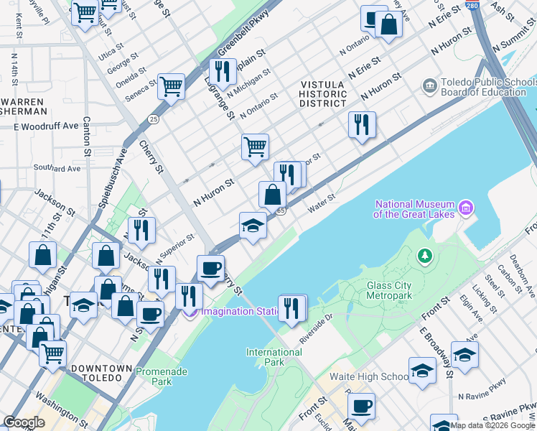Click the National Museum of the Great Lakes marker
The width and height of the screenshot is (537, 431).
[x=467, y=208]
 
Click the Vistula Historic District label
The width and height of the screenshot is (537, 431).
[x=323, y=94]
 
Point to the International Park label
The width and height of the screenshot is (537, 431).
[x=274, y=357]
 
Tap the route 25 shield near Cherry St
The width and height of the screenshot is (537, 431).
[x=154, y=118]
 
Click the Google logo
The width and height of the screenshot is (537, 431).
[x=24, y=422]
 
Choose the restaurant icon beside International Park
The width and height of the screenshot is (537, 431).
[x=292, y=307]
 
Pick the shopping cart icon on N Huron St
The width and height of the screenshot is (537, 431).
[x=256, y=147]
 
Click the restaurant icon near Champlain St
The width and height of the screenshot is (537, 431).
[x=223, y=71]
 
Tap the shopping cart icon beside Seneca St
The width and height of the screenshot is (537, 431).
[x=172, y=86]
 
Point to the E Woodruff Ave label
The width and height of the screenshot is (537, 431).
[x=45, y=126]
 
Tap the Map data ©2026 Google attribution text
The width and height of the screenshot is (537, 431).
[x=491, y=425]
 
